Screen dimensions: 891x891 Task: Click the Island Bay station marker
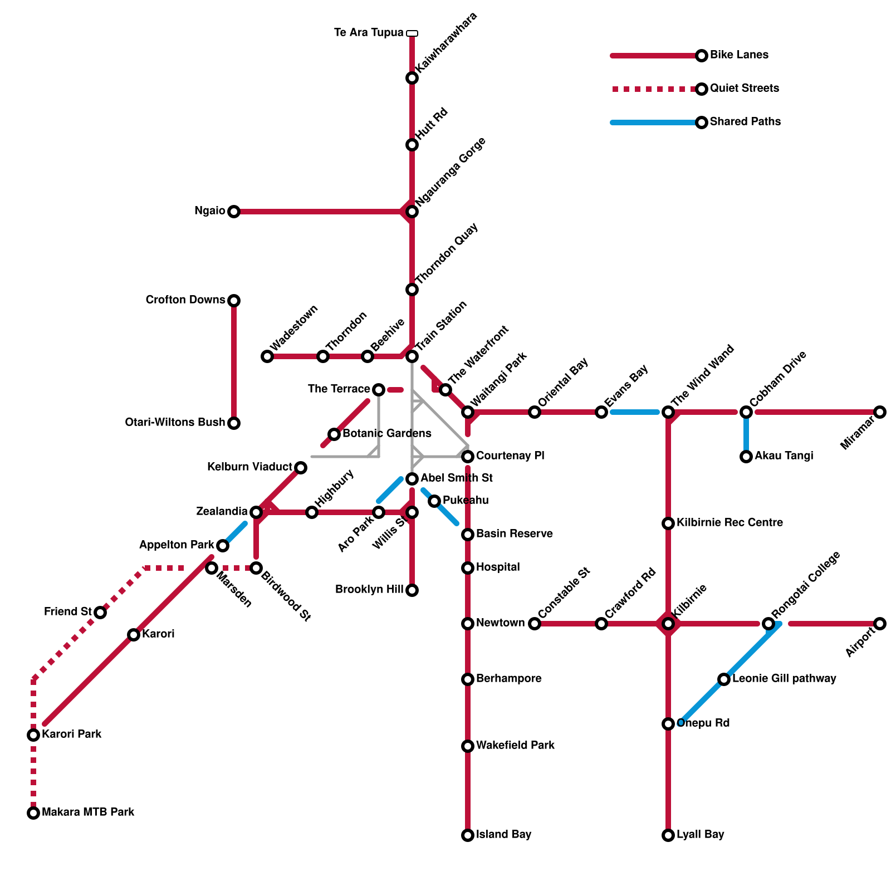(468, 835)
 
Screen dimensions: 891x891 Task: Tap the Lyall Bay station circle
(668, 835)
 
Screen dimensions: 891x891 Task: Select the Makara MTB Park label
(88, 812)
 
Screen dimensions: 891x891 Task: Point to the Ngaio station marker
(234, 212)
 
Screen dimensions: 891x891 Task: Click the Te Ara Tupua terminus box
(412, 33)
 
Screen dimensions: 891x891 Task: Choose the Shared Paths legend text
(745, 122)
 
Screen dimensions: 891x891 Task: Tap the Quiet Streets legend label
(744, 89)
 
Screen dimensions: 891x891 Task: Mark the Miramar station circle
(880, 412)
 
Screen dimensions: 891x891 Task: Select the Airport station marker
(880, 624)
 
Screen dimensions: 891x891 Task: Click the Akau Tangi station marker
(746, 457)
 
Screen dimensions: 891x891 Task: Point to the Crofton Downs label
(185, 300)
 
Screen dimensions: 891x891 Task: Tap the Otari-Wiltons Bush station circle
(234, 423)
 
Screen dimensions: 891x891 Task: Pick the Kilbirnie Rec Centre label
(730, 523)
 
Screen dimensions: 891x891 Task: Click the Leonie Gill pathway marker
(724, 679)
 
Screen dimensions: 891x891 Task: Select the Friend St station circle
(100, 613)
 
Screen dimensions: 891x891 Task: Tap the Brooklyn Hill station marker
(412, 590)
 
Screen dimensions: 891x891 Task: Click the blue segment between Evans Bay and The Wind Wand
(635, 412)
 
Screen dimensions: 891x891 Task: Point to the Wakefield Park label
(515, 746)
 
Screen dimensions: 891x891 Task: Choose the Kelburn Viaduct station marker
(301, 468)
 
